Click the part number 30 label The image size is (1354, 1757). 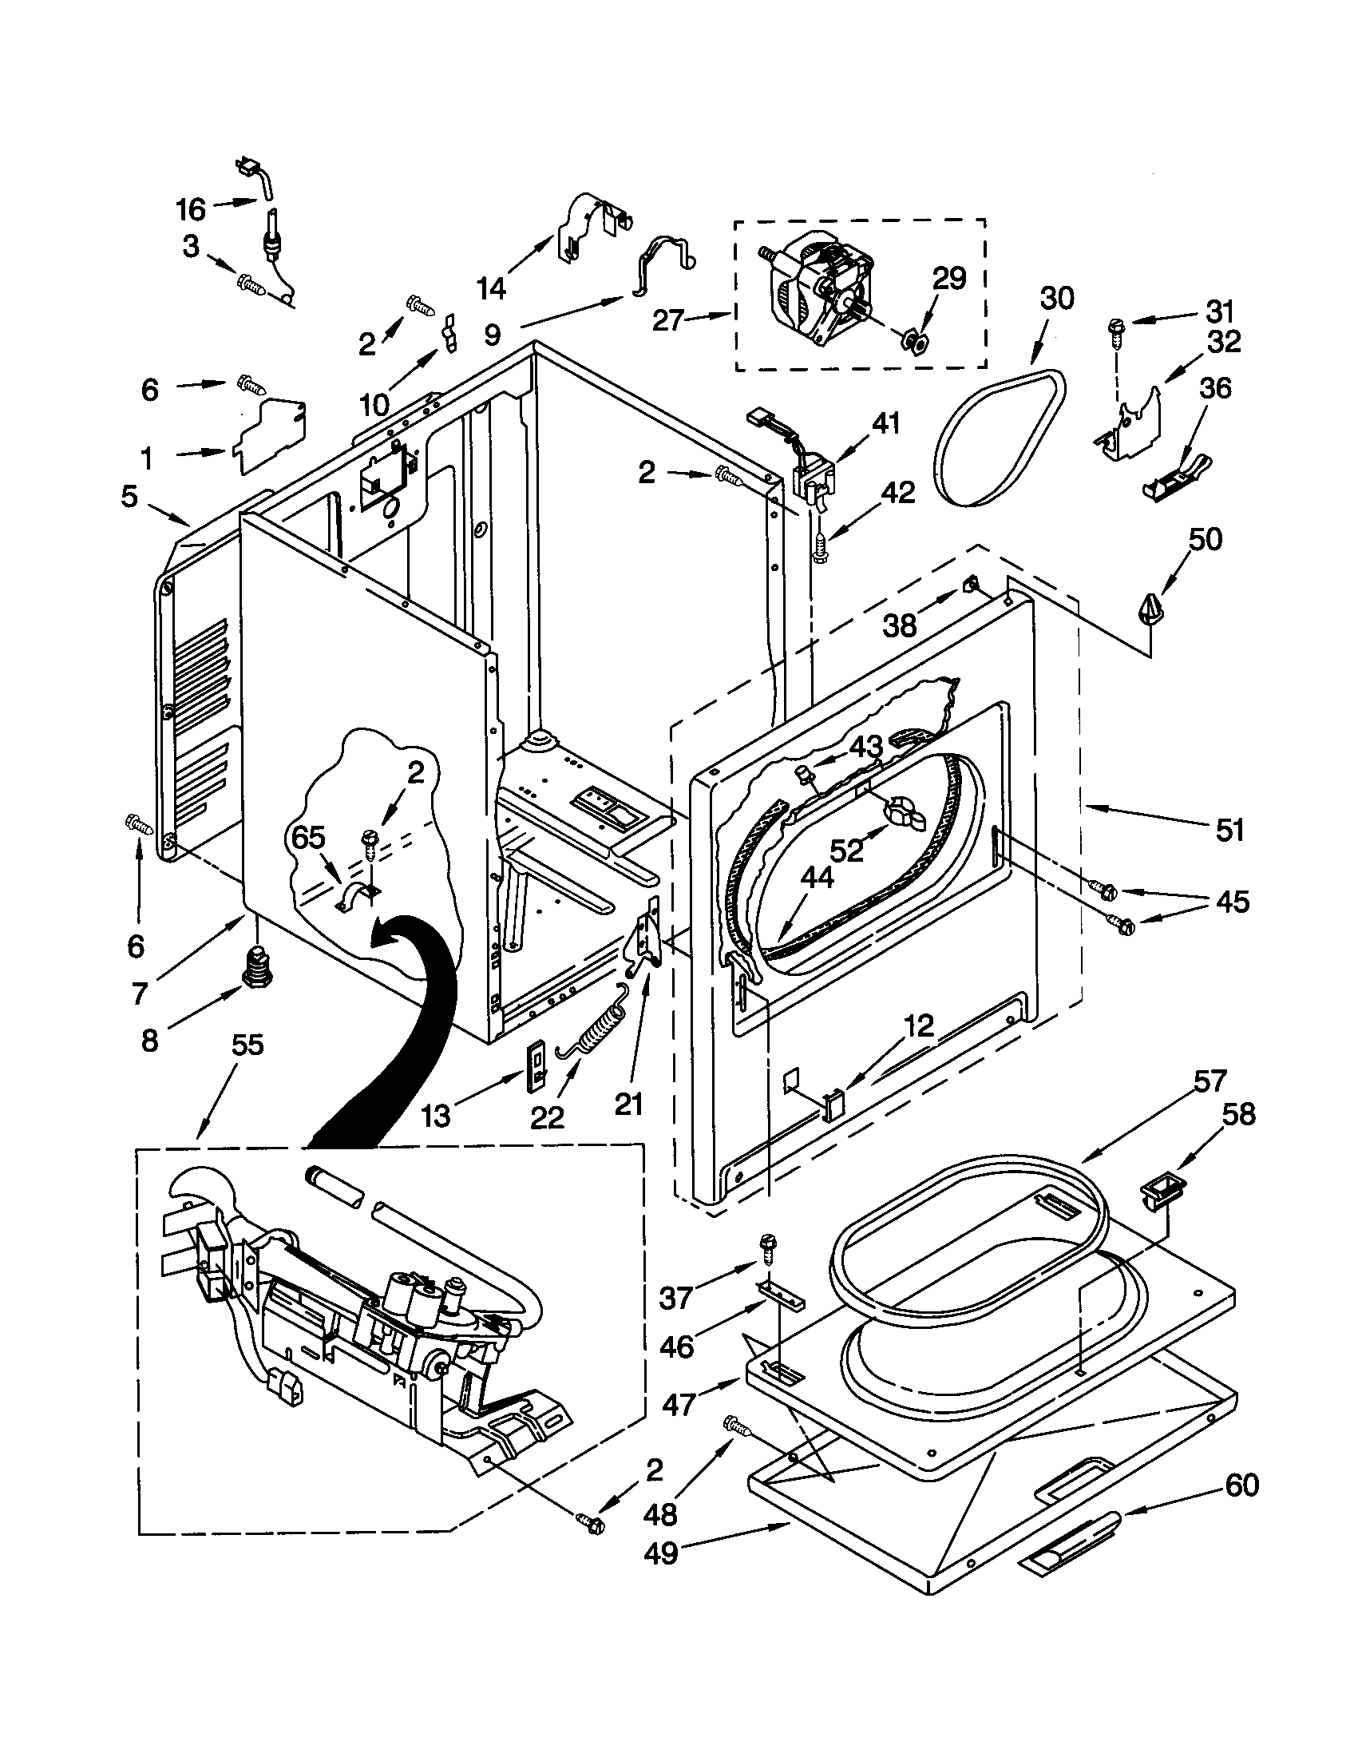tap(1056, 299)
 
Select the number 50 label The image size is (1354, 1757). tap(1206, 539)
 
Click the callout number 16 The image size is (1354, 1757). tap(191, 210)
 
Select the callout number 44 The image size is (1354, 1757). tap(817, 878)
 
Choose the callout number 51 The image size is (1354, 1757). tap(1229, 830)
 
